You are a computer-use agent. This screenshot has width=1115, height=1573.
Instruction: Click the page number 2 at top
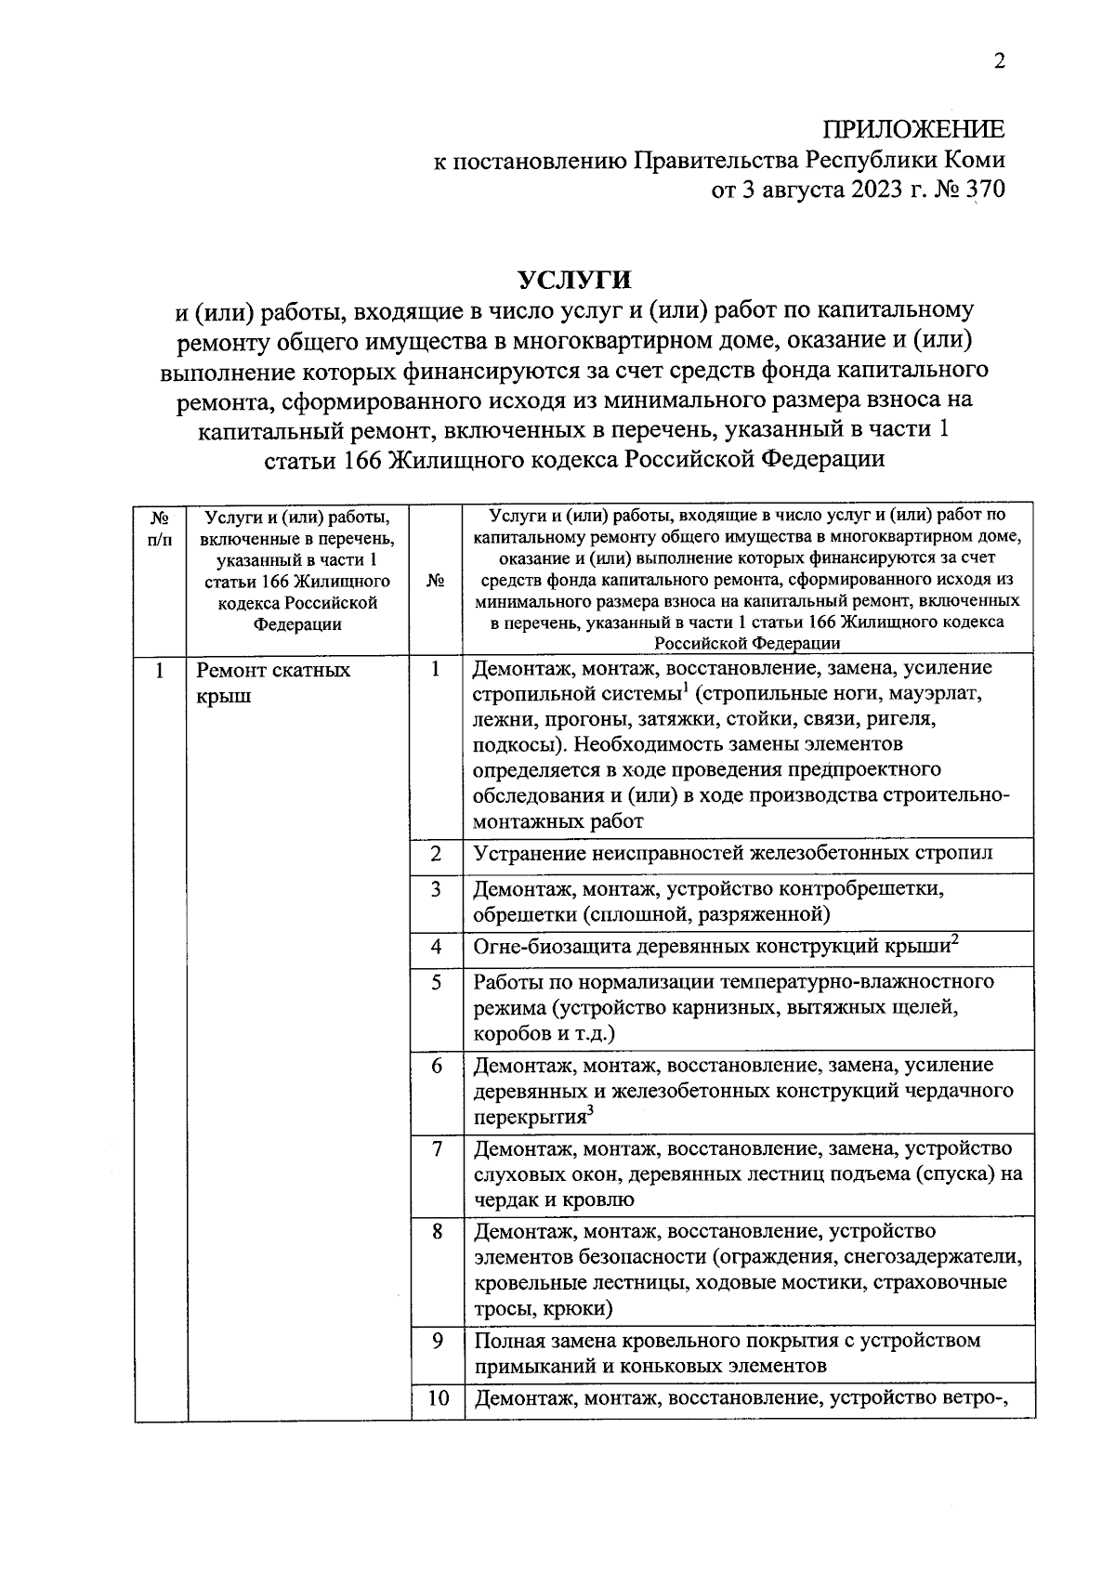tap(999, 62)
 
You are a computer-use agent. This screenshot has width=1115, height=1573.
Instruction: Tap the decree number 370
tap(985, 190)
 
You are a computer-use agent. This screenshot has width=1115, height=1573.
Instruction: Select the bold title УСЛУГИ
tap(574, 279)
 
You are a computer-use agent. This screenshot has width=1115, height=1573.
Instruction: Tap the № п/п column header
tap(160, 527)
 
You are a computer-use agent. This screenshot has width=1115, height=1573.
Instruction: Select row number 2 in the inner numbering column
tap(436, 853)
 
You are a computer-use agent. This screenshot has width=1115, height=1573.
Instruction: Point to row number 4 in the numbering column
tap(436, 947)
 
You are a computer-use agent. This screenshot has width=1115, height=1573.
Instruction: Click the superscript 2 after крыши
tap(954, 940)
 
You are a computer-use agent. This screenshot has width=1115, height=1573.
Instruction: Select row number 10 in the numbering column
tap(438, 1397)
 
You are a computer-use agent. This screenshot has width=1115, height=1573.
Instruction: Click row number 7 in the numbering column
tap(436, 1148)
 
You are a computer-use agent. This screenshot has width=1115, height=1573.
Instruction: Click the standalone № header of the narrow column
tap(436, 581)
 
